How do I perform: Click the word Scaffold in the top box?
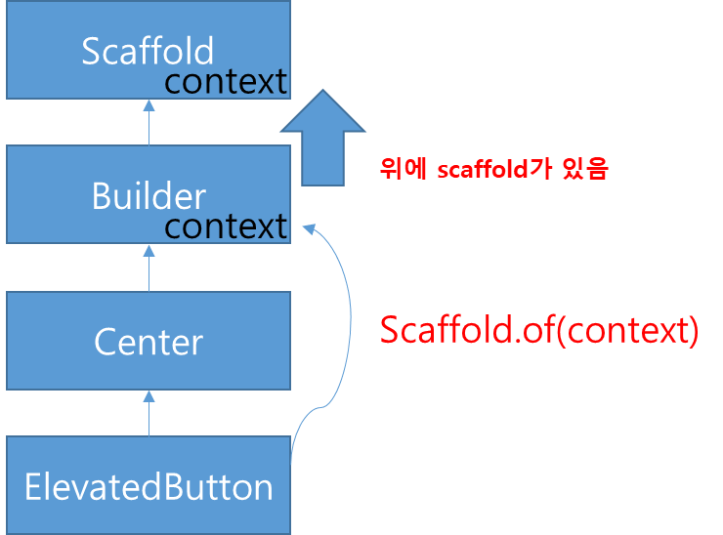(148, 51)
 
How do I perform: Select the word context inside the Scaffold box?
(226, 82)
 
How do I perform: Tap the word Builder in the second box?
(149, 196)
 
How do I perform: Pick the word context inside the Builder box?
(226, 226)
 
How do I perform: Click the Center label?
(149, 342)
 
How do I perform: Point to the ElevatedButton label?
(149, 486)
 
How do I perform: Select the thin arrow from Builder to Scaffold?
(149, 123)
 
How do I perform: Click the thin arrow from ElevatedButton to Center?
(149, 414)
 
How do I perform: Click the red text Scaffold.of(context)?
(538, 330)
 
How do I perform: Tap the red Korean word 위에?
(404, 169)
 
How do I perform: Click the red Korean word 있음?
(586, 169)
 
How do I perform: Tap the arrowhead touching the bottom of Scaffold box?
(149, 103)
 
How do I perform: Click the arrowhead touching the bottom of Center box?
(149, 395)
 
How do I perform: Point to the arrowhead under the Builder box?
(149, 250)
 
